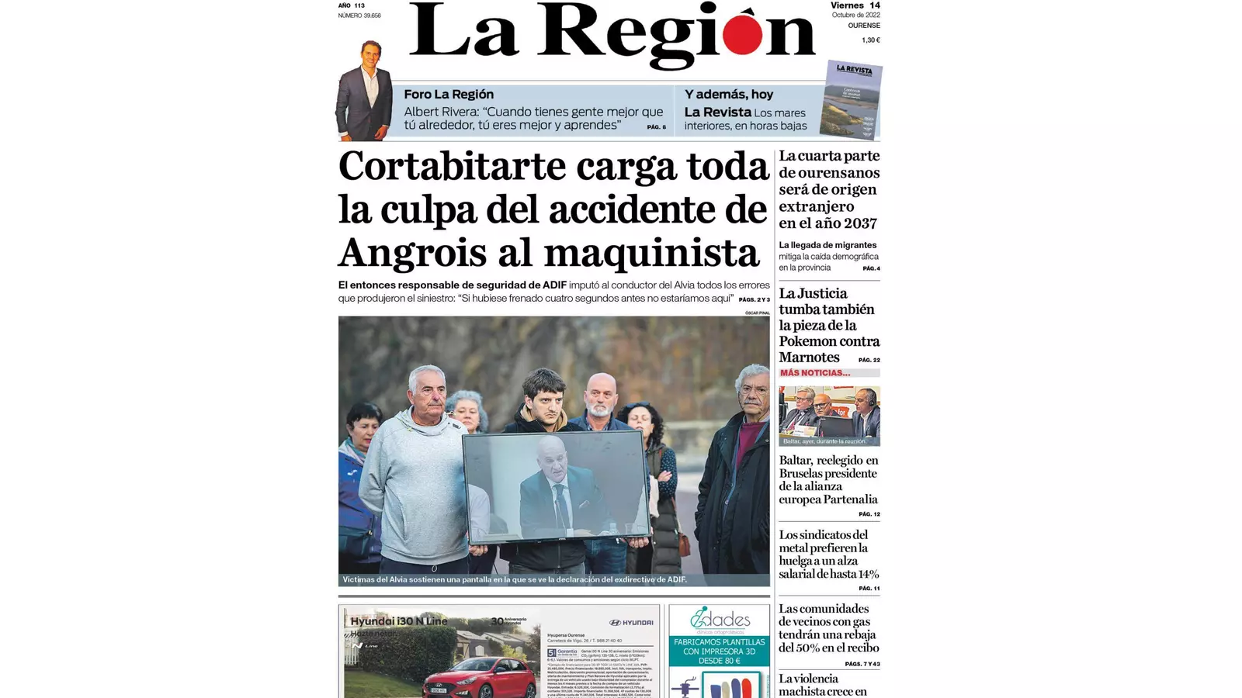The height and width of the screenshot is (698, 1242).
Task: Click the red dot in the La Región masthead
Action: pyautogui.click(x=742, y=36)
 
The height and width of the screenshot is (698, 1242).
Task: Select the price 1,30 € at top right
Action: pyautogui.click(x=870, y=40)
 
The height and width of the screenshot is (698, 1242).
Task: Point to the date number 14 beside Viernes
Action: pyautogui.click(x=875, y=5)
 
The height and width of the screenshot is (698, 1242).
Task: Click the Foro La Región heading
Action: pyautogui.click(x=448, y=95)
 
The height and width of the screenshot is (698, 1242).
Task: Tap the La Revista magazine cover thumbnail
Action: pyautogui.click(x=852, y=99)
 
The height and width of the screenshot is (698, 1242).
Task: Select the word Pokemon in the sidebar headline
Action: pyautogui.click(x=829, y=341)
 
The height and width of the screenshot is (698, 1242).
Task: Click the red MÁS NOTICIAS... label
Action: pyautogui.click(x=814, y=373)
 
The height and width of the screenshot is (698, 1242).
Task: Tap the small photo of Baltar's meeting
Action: pyautogui.click(x=829, y=416)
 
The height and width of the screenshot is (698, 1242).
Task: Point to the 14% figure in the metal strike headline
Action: pyautogui.click(x=863, y=575)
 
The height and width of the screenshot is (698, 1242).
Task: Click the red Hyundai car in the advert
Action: pyautogui.click(x=479, y=678)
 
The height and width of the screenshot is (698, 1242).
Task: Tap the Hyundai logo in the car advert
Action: pyautogui.click(x=631, y=623)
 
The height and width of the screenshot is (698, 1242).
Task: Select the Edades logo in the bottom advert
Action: pyautogui.click(x=720, y=620)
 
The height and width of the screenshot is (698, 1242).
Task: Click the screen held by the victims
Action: pyautogui.click(x=556, y=487)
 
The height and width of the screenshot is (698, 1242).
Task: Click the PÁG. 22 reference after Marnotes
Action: pyautogui.click(x=869, y=360)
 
